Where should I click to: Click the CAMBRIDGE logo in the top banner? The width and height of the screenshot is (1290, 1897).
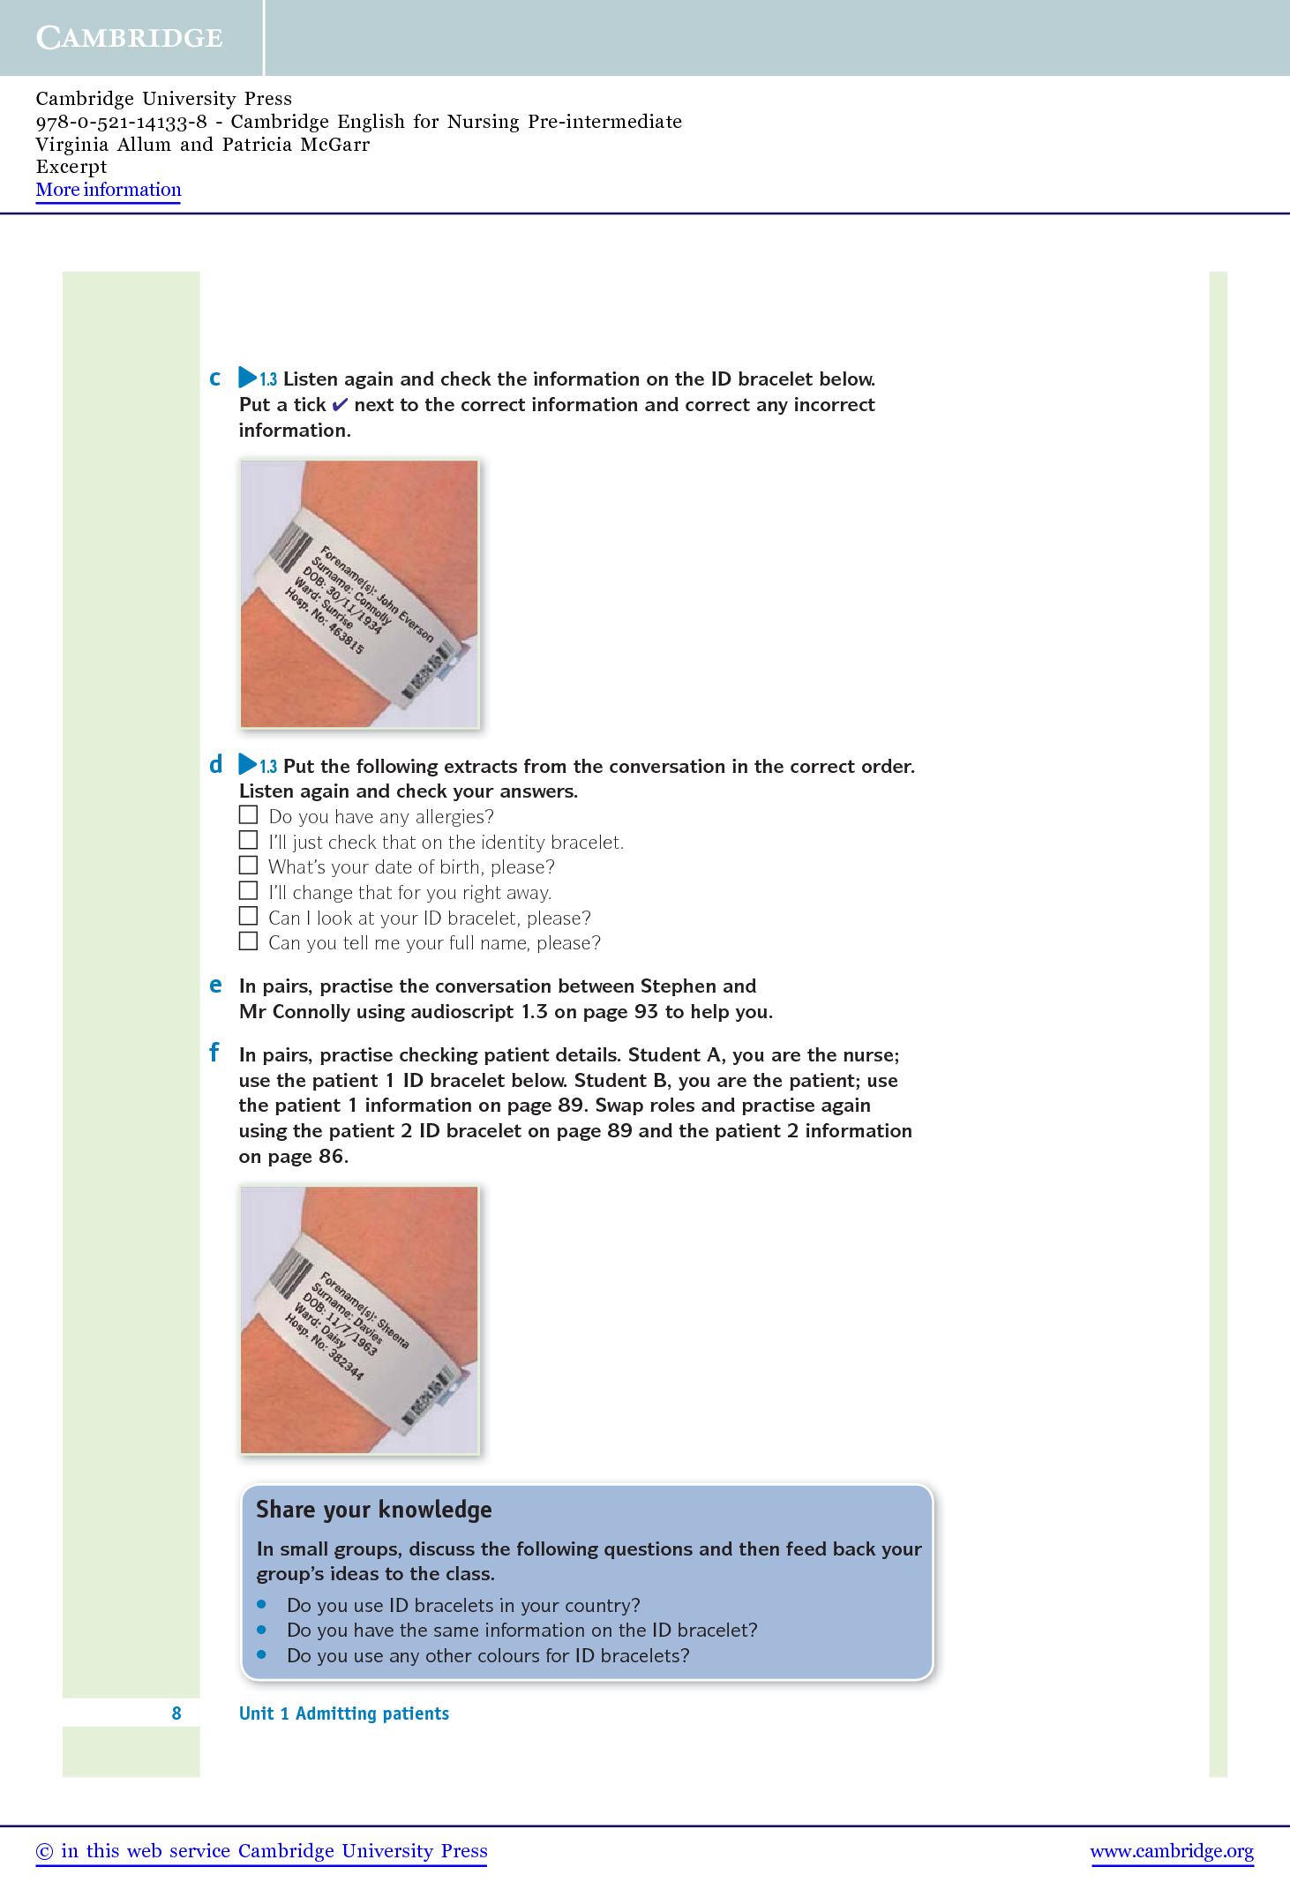pos(130,38)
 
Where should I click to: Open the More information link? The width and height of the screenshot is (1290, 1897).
pos(109,190)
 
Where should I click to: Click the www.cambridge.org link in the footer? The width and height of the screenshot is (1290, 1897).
pos(1172,1851)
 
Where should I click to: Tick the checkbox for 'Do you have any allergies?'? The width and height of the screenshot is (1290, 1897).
pos(249,814)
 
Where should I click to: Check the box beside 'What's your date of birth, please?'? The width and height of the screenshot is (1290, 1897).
pos(249,866)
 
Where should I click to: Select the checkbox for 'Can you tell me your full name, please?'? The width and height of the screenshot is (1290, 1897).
pos(249,941)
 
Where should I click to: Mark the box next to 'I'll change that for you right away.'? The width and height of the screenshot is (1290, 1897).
pos(249,891)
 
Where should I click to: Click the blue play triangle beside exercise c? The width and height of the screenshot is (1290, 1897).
pos(247,379)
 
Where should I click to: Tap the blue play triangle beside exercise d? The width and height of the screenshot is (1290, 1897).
pos(247,765)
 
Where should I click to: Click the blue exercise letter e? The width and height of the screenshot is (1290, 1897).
pos(215,986)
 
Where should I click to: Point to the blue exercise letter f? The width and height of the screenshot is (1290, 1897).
pos(214,1053)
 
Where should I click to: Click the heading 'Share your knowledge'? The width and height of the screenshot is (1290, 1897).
pos(373,1511)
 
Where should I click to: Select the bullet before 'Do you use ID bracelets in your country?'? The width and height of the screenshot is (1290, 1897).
pos(261,1604)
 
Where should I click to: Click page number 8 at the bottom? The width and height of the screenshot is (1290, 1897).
pos(176,1713)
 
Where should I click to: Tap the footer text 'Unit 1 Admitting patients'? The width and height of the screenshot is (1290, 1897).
pos(344,1713)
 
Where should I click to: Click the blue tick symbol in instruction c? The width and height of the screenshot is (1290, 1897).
pos(340,405)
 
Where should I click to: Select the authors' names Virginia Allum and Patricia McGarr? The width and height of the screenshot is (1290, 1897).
pos(203,145)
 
